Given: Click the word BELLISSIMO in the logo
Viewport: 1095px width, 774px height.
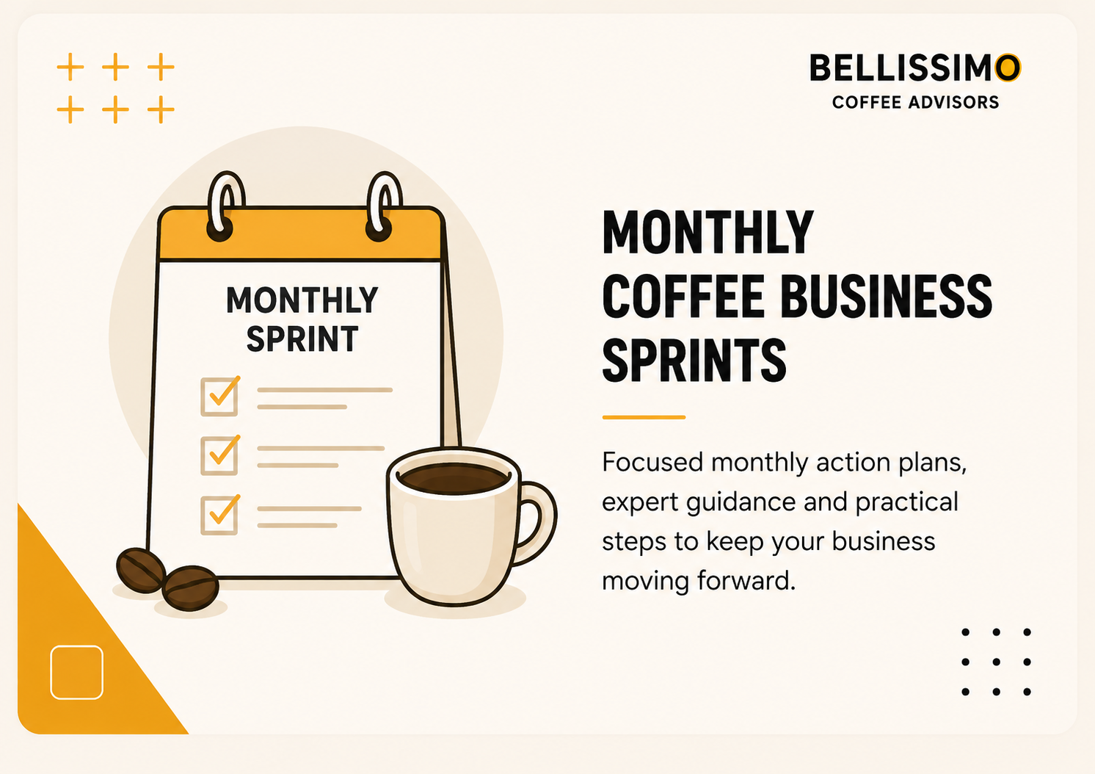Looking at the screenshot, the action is pyautogui.click(x=915, y=68).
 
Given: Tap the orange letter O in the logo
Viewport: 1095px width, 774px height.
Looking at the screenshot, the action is pyautogui.click(x=1008, y=68).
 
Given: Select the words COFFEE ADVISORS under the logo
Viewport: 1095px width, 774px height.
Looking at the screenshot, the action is pyautogui.click(x=916, y=102).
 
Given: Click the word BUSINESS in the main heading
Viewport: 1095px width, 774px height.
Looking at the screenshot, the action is pyautogui.click(x=886, y=296).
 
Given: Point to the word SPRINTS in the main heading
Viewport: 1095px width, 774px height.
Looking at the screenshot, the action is pyautogui.click(x=694, y=360).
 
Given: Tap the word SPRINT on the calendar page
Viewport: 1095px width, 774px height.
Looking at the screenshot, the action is pyautogui.click(x=302, y=339).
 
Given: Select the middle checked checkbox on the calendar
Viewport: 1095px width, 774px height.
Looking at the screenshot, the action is pyautogui.click(x=220, y=455).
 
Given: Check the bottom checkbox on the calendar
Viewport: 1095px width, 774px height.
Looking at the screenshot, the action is pyautogui.click(x=220, y=515).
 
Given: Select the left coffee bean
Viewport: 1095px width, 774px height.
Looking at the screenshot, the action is pyautogui.click(x=141, y=570).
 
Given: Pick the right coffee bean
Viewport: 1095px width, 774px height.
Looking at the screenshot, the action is pyautogui.click(x=190, y=588).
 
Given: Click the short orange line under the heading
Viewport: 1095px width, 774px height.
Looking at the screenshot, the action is pyautogui.click(x=644, y=417).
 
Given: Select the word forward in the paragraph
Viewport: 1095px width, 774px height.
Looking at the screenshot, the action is pyautogui.click(x=746, y=581).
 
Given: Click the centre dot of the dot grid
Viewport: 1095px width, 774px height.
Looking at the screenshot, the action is pyautogui.click(x=996, y=662).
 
